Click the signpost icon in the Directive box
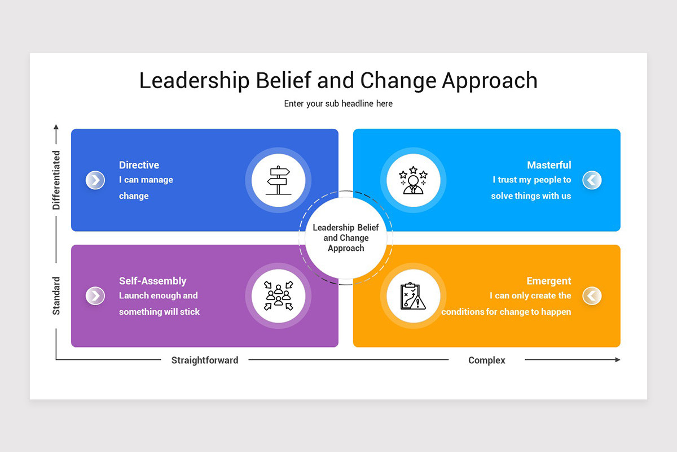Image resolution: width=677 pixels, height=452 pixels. point(278,180)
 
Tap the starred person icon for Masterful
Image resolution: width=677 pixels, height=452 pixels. point(413,180)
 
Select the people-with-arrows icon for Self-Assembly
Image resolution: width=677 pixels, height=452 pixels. point(278,296)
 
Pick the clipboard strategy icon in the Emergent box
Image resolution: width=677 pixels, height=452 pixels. point(413,296)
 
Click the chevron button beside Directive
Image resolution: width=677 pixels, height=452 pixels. point(95,180)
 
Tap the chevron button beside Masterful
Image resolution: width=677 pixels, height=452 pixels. point(592,180)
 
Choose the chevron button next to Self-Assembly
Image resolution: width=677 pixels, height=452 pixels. point(95,295)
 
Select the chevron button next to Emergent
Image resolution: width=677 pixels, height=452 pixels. point(592,295)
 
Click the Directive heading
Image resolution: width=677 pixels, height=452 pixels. point(139,165)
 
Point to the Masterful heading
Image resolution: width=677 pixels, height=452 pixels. point(549,165)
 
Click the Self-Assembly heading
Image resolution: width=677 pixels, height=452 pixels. point(152,281)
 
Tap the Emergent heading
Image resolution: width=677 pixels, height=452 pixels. point(548,281)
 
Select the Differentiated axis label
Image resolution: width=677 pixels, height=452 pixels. point(56,180)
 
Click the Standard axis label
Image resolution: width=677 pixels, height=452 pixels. point(56,295)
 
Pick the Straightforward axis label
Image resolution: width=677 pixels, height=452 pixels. point(205,360)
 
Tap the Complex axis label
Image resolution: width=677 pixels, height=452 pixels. point(487,360)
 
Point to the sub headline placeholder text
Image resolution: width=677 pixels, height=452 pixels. point(338,103)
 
